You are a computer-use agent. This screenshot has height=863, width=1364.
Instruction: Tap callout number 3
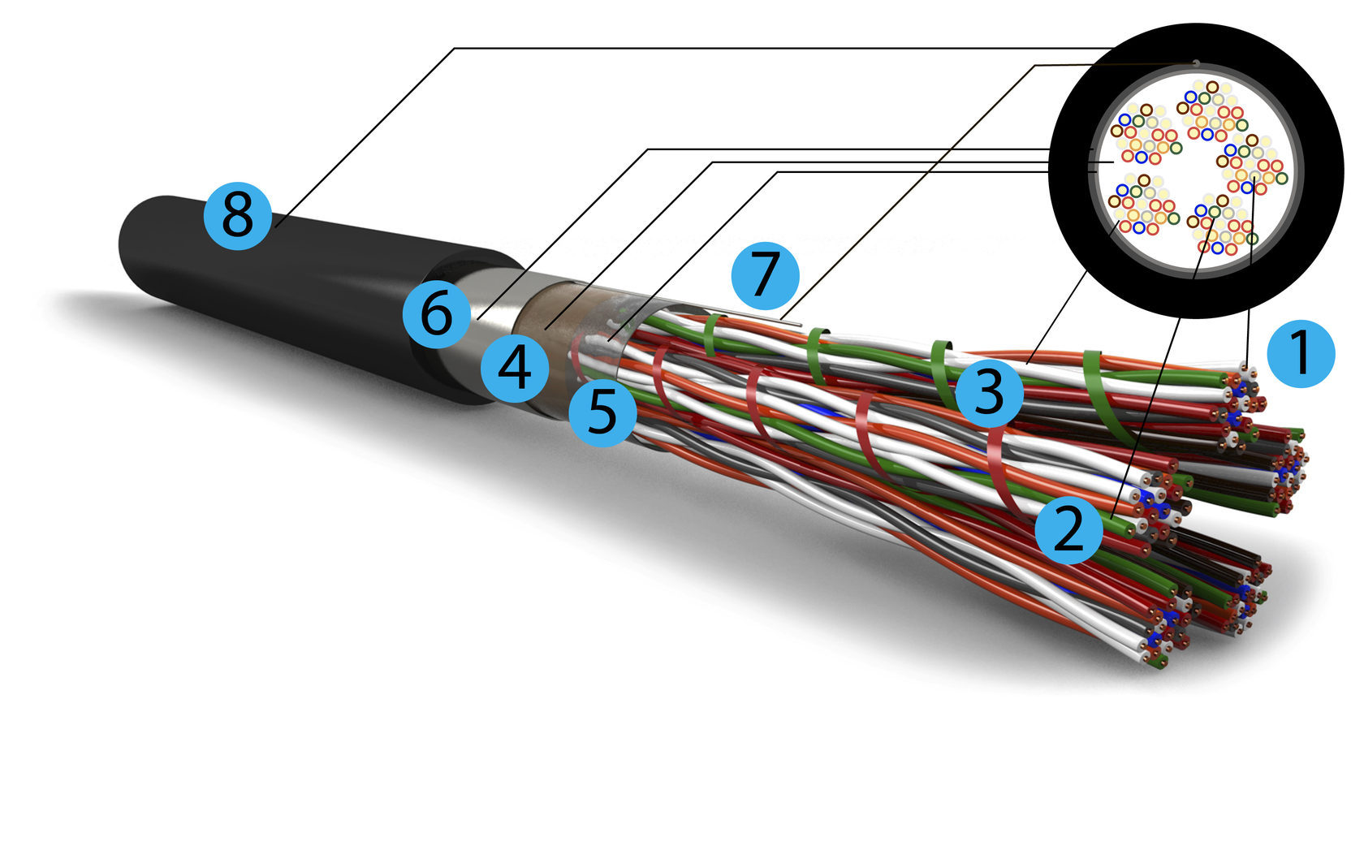click(989, 393)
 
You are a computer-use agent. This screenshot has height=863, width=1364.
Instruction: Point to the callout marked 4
click(515, 368)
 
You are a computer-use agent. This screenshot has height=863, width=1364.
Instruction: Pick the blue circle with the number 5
click(602, 412)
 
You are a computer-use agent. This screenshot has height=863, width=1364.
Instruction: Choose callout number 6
click(437, 314)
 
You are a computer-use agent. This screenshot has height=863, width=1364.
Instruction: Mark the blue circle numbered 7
click(765, 275)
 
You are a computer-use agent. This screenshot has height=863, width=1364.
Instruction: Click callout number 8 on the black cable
click(237, 215)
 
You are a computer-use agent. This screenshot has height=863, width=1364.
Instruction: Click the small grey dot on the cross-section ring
click(1196, 63)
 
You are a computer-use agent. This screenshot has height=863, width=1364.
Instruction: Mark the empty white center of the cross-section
click(1185, 175)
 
